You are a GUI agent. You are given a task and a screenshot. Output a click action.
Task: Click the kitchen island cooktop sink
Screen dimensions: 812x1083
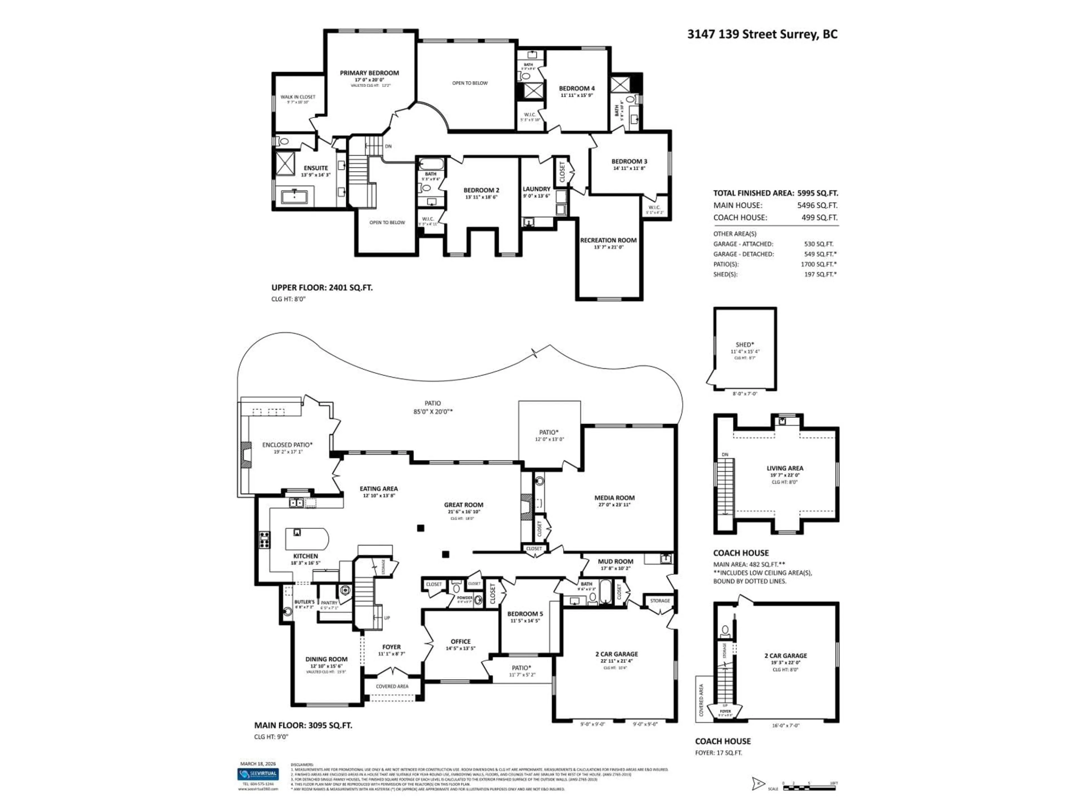297,533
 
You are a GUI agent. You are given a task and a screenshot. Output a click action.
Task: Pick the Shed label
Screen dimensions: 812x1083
744,345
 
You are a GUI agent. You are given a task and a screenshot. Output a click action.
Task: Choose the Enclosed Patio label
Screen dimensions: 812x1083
287,445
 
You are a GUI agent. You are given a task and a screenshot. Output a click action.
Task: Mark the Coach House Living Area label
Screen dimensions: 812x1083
785,468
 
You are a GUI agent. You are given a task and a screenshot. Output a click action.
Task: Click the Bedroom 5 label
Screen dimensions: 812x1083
525,614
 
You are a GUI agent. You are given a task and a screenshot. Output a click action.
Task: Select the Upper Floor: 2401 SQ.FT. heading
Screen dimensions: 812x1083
322,288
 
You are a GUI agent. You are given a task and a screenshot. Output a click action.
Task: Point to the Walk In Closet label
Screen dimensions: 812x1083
298,97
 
